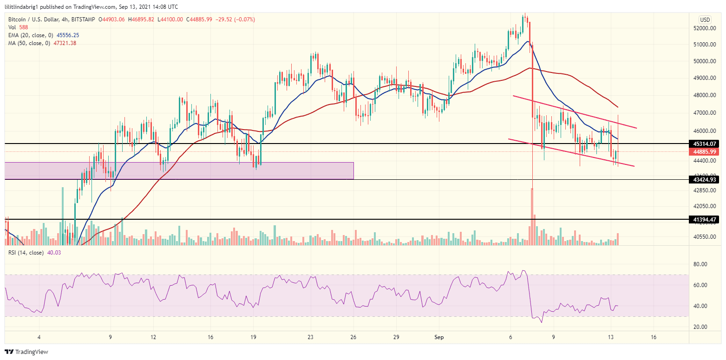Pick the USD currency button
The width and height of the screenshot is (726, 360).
tap(705, 20)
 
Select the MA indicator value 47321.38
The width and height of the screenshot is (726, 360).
tap(65, 43)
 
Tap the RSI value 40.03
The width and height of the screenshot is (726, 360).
tap(54, 253)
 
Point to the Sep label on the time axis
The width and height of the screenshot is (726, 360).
tap(439, 337)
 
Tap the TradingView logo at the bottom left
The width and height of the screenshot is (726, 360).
tap(26, 352)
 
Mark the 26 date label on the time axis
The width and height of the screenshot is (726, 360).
tap(353, 337)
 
